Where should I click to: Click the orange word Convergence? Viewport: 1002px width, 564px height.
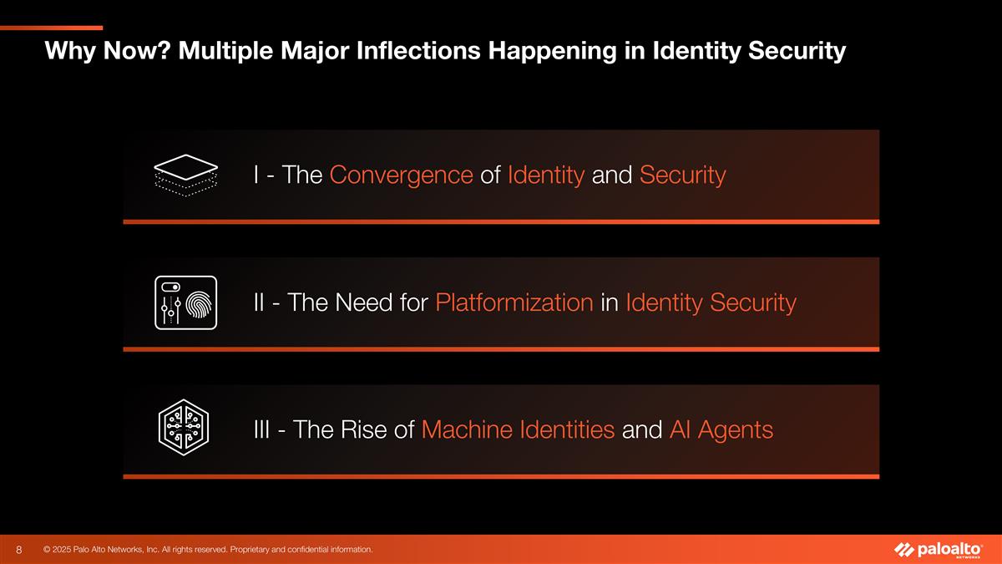tap(402, 175)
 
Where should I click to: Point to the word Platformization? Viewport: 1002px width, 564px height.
tap(514, 302)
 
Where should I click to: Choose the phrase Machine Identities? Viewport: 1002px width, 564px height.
tap(519, 430)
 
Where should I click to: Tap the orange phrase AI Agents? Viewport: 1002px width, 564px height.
tap(721, 430)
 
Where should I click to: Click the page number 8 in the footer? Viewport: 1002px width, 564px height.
tap(19, 550)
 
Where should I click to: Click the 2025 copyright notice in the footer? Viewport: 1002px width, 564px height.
tap(208, 549)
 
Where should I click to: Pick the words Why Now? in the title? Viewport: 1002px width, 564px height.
tap(96, 53)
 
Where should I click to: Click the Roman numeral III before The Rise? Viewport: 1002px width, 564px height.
tap(263, 430)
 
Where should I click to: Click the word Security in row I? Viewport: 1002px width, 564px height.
tap(682, 175)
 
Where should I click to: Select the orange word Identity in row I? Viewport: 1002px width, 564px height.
tap(545, 175)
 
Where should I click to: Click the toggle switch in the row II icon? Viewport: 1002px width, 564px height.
tap(170, 287)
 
